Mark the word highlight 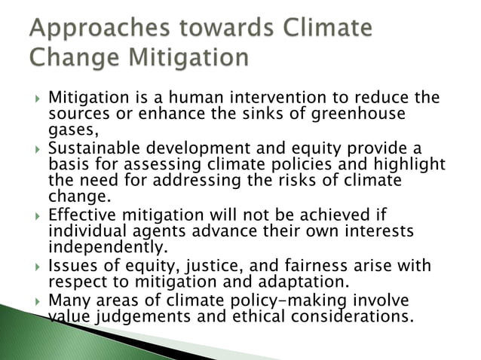[409, 164]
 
